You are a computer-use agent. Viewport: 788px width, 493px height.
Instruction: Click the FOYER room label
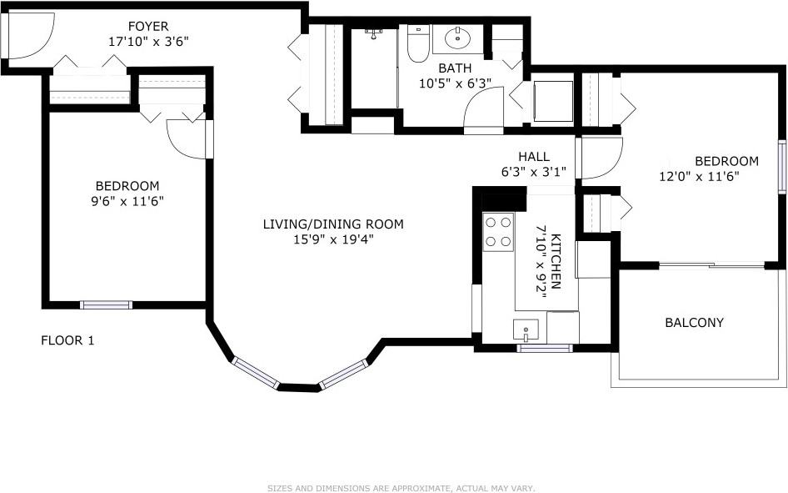pyautogui.click(x=148, y=26)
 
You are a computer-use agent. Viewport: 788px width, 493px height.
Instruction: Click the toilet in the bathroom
pyautogui.click(x=417, y=45)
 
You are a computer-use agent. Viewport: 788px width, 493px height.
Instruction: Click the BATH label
pyautogui.click(x=455, y=68)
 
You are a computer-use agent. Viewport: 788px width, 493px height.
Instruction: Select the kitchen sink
pyautogui.click(x=526, y=330)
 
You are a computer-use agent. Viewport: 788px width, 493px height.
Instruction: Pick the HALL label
pyautogui.click(x=533, y=157)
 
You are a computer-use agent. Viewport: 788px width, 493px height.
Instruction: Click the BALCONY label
pyautogui.click(x=694, y=322)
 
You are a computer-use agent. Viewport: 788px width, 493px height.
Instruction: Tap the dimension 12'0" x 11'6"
pyautogui.click(x=700, y=176)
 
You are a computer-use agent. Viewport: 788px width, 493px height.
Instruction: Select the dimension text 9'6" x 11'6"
pyautogui.click(x=127, y=200)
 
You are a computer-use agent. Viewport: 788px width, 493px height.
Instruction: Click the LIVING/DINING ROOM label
pyautogui.click(x=333, y=224)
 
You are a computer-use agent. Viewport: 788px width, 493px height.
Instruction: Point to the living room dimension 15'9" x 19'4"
pyautogui.click(x=333, y=239)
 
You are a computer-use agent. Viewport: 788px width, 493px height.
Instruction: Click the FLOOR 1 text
pyautogui.click(x=67, y=340)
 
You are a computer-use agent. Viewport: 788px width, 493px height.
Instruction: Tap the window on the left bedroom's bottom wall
pyautogui.click(x=106, y=304)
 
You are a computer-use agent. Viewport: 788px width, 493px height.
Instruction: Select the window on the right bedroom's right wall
pyautogui.click(x=782, y=167)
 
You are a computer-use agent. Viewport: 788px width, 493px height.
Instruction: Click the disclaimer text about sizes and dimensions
pyautogui.click(x=401, y=488)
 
